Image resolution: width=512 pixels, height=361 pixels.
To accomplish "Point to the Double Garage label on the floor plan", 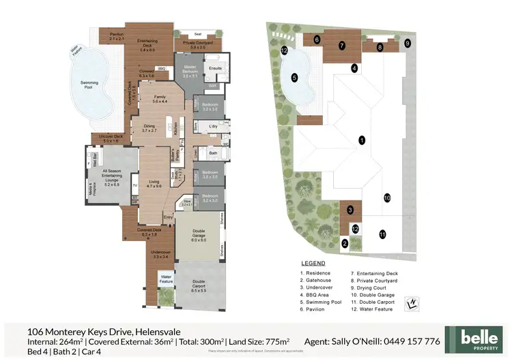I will point(199,238).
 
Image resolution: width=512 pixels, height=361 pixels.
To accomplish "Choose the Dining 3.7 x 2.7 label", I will point(150,127).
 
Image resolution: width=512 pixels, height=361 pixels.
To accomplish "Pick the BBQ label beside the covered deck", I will point(162,68).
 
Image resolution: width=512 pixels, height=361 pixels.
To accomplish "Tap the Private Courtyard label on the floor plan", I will point(197,44).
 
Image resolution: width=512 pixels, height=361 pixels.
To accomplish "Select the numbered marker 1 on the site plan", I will point(362,140).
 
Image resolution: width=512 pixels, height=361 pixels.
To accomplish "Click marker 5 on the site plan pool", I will point(295,78).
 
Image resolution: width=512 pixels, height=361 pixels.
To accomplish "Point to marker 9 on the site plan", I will point(408,43).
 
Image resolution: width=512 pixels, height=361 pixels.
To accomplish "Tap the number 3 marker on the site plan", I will point(350,210).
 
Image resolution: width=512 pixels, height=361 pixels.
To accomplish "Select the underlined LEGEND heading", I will point(313,263).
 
